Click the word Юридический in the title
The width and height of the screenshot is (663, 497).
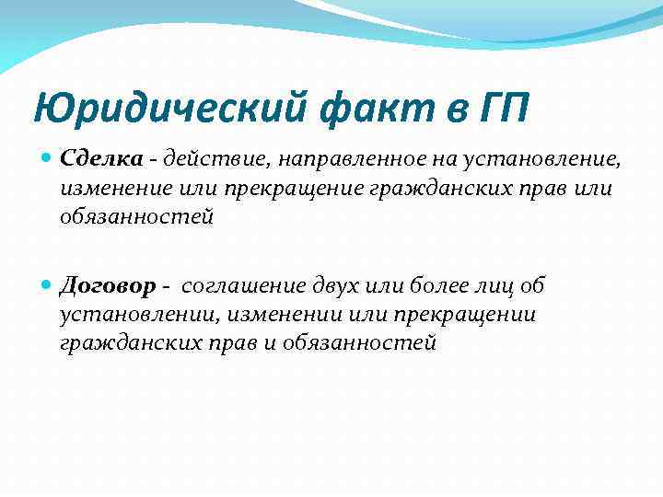point(169,110)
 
